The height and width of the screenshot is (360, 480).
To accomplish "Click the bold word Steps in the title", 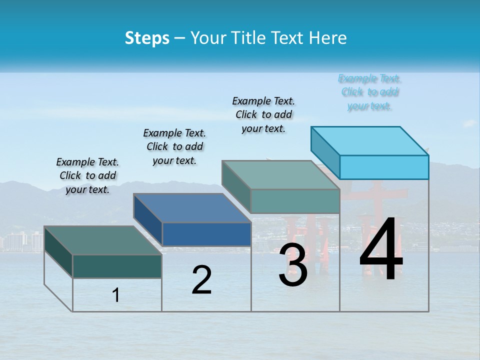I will point(147,38).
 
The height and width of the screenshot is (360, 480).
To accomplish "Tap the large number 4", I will point(381,250).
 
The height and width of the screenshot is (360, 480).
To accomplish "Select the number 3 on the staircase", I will point(293,265).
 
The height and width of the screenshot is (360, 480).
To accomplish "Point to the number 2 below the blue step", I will point(202,280).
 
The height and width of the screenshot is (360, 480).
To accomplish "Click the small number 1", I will point(116,295).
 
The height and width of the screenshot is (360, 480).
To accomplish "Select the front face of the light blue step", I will point(384,167).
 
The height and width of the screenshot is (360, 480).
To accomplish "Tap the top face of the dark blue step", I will point(192,207).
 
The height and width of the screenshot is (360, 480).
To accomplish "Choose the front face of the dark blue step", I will point(206,234).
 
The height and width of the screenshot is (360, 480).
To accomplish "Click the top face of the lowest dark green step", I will point(103,240).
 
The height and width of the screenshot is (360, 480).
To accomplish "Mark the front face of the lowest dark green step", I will point(117,266).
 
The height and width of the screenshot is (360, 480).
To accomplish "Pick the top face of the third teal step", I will point(281,175).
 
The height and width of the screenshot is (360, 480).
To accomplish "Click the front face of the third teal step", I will point(295,201).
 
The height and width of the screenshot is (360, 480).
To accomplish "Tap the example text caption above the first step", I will point(87,175).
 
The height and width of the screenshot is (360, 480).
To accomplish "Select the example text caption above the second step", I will point(174,146).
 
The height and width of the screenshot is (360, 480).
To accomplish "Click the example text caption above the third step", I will point(263,114).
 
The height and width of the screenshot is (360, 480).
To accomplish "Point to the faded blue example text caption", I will point(370,92).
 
